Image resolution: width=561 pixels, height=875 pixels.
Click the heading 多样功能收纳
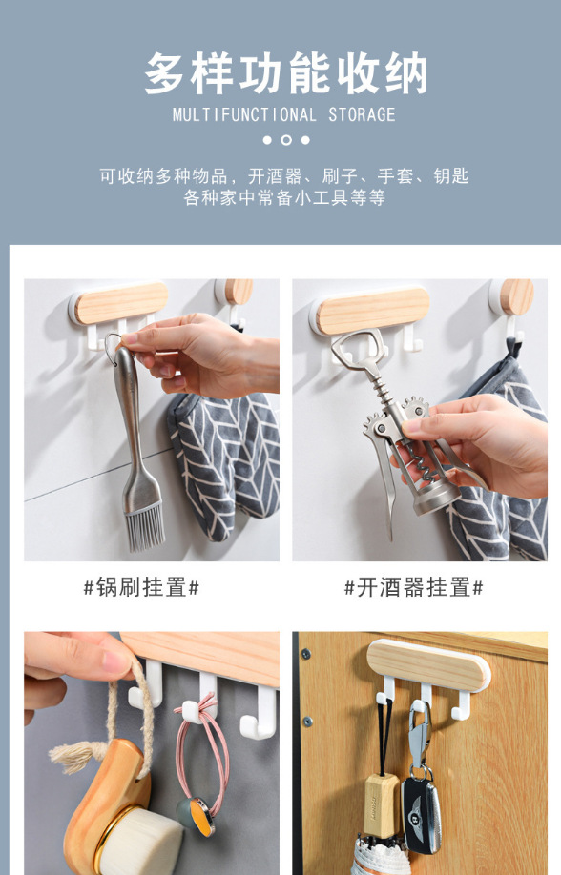click(286, 73)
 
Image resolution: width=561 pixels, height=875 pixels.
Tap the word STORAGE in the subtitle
click(362, 115)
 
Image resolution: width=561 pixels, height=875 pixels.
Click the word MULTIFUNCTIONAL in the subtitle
click(244, 115)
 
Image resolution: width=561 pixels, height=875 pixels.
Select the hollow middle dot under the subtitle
click(286, 140)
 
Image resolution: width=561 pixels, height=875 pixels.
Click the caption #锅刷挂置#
click(141, 587)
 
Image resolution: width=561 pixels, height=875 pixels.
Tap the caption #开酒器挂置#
click(413, 587)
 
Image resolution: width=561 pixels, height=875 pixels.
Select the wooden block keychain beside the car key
click(383, 804)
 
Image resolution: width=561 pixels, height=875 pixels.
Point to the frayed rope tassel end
click(72, 756)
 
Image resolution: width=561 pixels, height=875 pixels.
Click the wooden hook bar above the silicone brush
click(121, 302)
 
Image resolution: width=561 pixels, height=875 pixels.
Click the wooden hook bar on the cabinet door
click(428, 665)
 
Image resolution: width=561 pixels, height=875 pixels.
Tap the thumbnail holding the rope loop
click(116, 661)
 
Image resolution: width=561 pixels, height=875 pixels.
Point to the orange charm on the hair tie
click(201, 817)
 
